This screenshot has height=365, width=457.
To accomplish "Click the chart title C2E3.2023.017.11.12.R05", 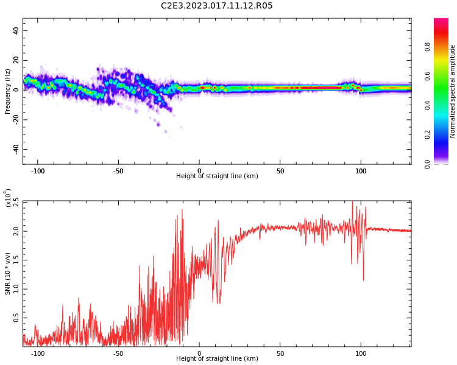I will pyautogui.click(x=216, y=6).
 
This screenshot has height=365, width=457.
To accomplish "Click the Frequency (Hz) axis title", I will pyautogui.click(x=8, y=91).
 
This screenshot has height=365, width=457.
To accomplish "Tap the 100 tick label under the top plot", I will pyautogui.click(x=361, y=171).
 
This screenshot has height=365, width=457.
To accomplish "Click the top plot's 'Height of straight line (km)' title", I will pyautogui.click(x=217, y=176).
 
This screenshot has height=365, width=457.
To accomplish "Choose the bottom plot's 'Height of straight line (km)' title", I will pyautogui.click(x=217, y=359).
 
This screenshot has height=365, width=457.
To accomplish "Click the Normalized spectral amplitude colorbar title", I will pyautogui.click(x=453, y=91).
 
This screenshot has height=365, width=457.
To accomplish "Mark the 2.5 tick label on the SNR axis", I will pyautogui.click(x=16, y=202).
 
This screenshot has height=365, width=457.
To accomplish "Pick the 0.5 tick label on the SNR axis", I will pyautogui.click(x=16, y=318).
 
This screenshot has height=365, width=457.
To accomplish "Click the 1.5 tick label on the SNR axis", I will pyautogui.click(x=16, y=260).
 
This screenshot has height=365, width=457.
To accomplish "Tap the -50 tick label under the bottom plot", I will pyautogui.click(x=118, y=353).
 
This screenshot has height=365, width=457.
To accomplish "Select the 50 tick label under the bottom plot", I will pyautogui.click(x=280, y=353).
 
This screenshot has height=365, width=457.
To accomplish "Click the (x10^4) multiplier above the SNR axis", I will pyautogui.click(x=8, y=198).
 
